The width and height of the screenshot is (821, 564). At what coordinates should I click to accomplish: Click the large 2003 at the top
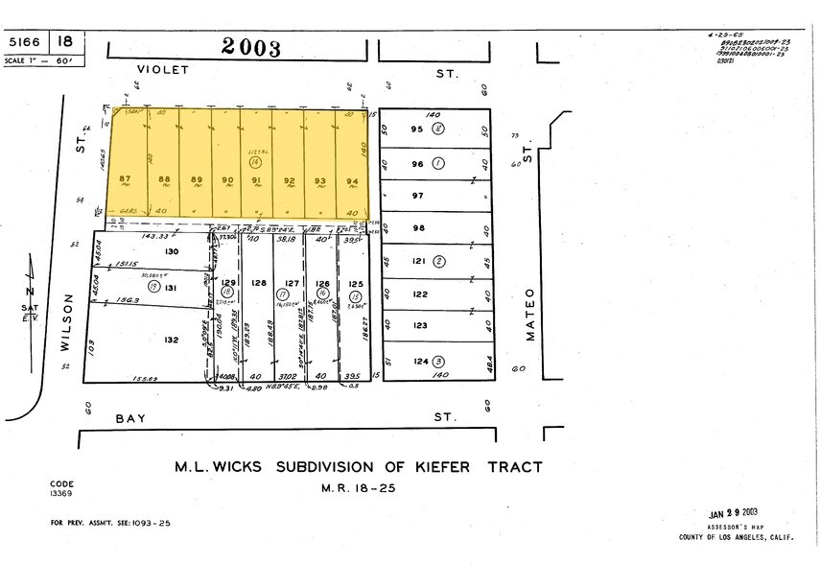click(x=251, y=48)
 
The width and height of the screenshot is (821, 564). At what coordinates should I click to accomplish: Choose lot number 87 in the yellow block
click(x=125, y=178)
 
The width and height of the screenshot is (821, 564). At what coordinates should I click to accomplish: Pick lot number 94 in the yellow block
click(x=352, y=179)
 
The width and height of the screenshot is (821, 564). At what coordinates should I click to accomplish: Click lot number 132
click(x=172, y=341)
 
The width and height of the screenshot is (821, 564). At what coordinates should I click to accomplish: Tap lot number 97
click(x=417, y=196)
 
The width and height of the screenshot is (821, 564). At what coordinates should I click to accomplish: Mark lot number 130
click(x=172, y=251)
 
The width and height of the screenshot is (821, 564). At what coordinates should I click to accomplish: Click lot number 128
click(x=258, y=283)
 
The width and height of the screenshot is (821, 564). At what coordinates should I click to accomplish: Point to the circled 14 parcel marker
click(x=255, y=166)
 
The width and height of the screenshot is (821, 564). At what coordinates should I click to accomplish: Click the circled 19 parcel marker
click(x=153, y=287)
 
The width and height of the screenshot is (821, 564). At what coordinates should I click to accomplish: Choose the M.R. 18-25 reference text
click(x=358, y=488)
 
